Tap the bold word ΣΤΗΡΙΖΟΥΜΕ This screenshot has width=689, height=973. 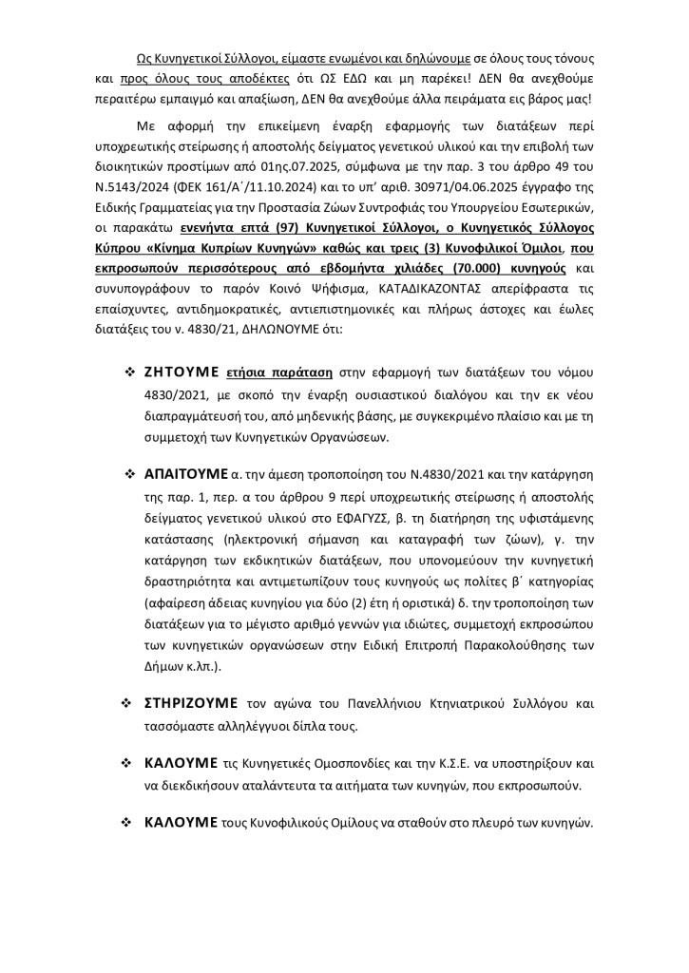tap(192, 704)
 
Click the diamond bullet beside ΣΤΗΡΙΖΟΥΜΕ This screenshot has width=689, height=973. tap(125, 705)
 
